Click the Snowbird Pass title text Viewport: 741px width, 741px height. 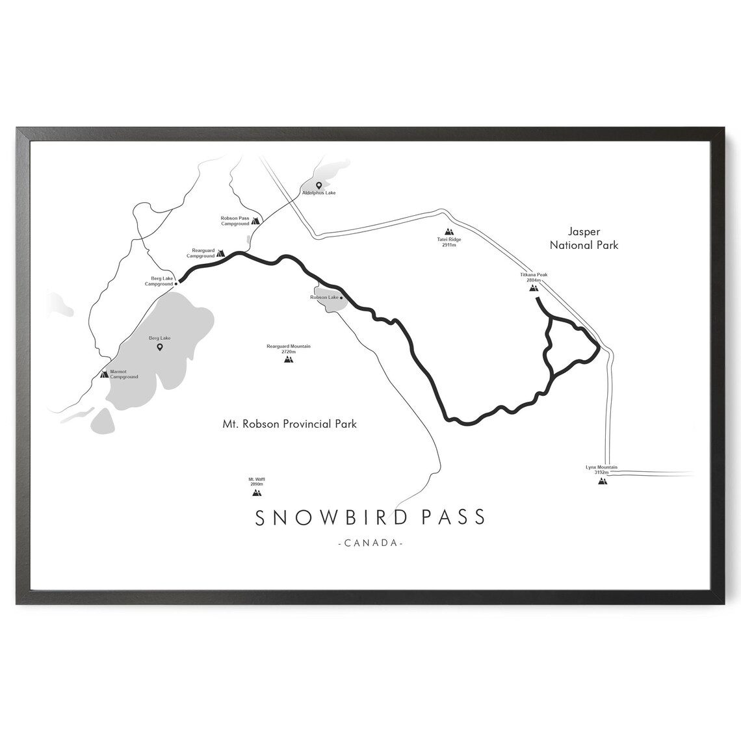[x=370, y=517]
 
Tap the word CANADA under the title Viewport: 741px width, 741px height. [x=370, y=543]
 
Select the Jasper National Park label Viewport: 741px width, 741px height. [x=584, y=239]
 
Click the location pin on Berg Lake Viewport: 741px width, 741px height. [x=159, y=348]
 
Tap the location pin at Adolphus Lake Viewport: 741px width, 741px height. [x=318, y=185]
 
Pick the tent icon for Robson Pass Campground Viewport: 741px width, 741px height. [x=256, y=220]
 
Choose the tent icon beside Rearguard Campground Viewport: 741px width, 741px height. [x=220, y=252]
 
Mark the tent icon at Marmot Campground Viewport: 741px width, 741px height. [x=104, y=374]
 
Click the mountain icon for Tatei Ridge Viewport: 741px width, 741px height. [x=448, y=231]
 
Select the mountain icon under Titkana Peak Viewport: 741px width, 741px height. [x=534, y=287]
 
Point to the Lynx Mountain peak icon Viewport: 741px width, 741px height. [x=602, y=481]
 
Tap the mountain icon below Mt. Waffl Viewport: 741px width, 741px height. [x=256, y=493]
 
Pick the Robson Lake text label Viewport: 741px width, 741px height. [x=324, y=297]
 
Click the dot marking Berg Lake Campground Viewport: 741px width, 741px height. [x=175, y=283]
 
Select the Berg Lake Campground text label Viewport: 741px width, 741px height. [x=159, y=281]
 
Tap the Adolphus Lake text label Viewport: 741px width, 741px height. [x=318, y=193]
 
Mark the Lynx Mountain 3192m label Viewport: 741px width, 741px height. [x=601, y=470]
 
